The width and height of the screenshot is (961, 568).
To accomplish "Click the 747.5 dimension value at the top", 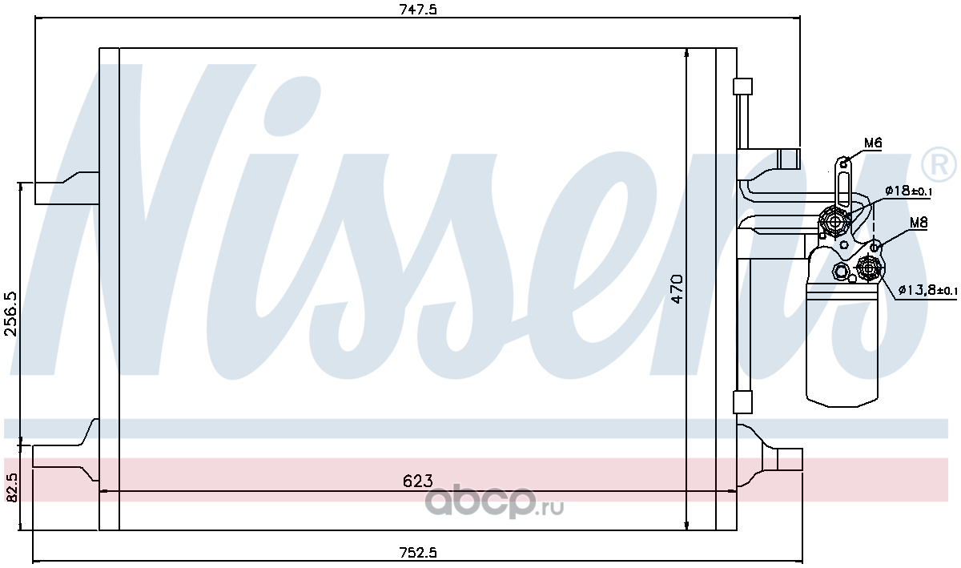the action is pos(418,10).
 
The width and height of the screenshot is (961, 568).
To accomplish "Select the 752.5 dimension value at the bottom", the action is pos(418,552).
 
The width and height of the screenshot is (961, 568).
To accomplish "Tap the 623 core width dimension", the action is pos(418,481).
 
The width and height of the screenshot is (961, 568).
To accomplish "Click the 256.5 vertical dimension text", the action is pos(11,313).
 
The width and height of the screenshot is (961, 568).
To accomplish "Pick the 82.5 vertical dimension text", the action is pos(11,487).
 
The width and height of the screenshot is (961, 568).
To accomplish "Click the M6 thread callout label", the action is pos(873,143).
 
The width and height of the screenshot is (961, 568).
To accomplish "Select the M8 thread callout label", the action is pos(919,223).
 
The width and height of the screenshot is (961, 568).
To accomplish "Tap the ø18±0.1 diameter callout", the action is pos(908,190).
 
